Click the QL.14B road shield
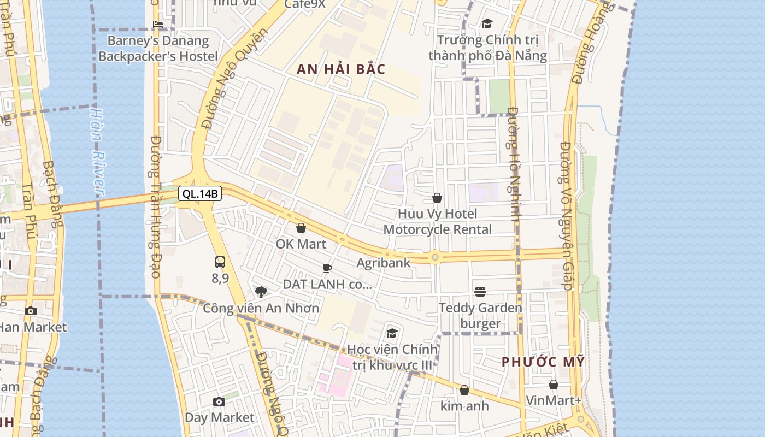coord(200,193)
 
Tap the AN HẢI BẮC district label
coord(341,69)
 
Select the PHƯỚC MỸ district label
coord(543,362)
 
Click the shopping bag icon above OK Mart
coord(301,228)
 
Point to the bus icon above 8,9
coord(220,262)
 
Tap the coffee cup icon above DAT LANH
coord(327,268)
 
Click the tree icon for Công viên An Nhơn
coord(261,292)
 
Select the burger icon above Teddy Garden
coord(480,292)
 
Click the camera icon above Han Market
coord(31,311)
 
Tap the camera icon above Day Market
coord(219,402)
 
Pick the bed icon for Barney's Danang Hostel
coord(158,25)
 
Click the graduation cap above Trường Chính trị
coord(487,24)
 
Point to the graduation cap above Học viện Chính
coord(392,333)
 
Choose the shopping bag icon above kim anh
coord(464,390)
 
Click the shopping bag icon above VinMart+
coord(554,385)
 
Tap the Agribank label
coord(383,263)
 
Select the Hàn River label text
coord(97,151)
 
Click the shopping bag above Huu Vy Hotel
coord(437,198)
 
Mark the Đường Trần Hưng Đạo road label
coord(155,206)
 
